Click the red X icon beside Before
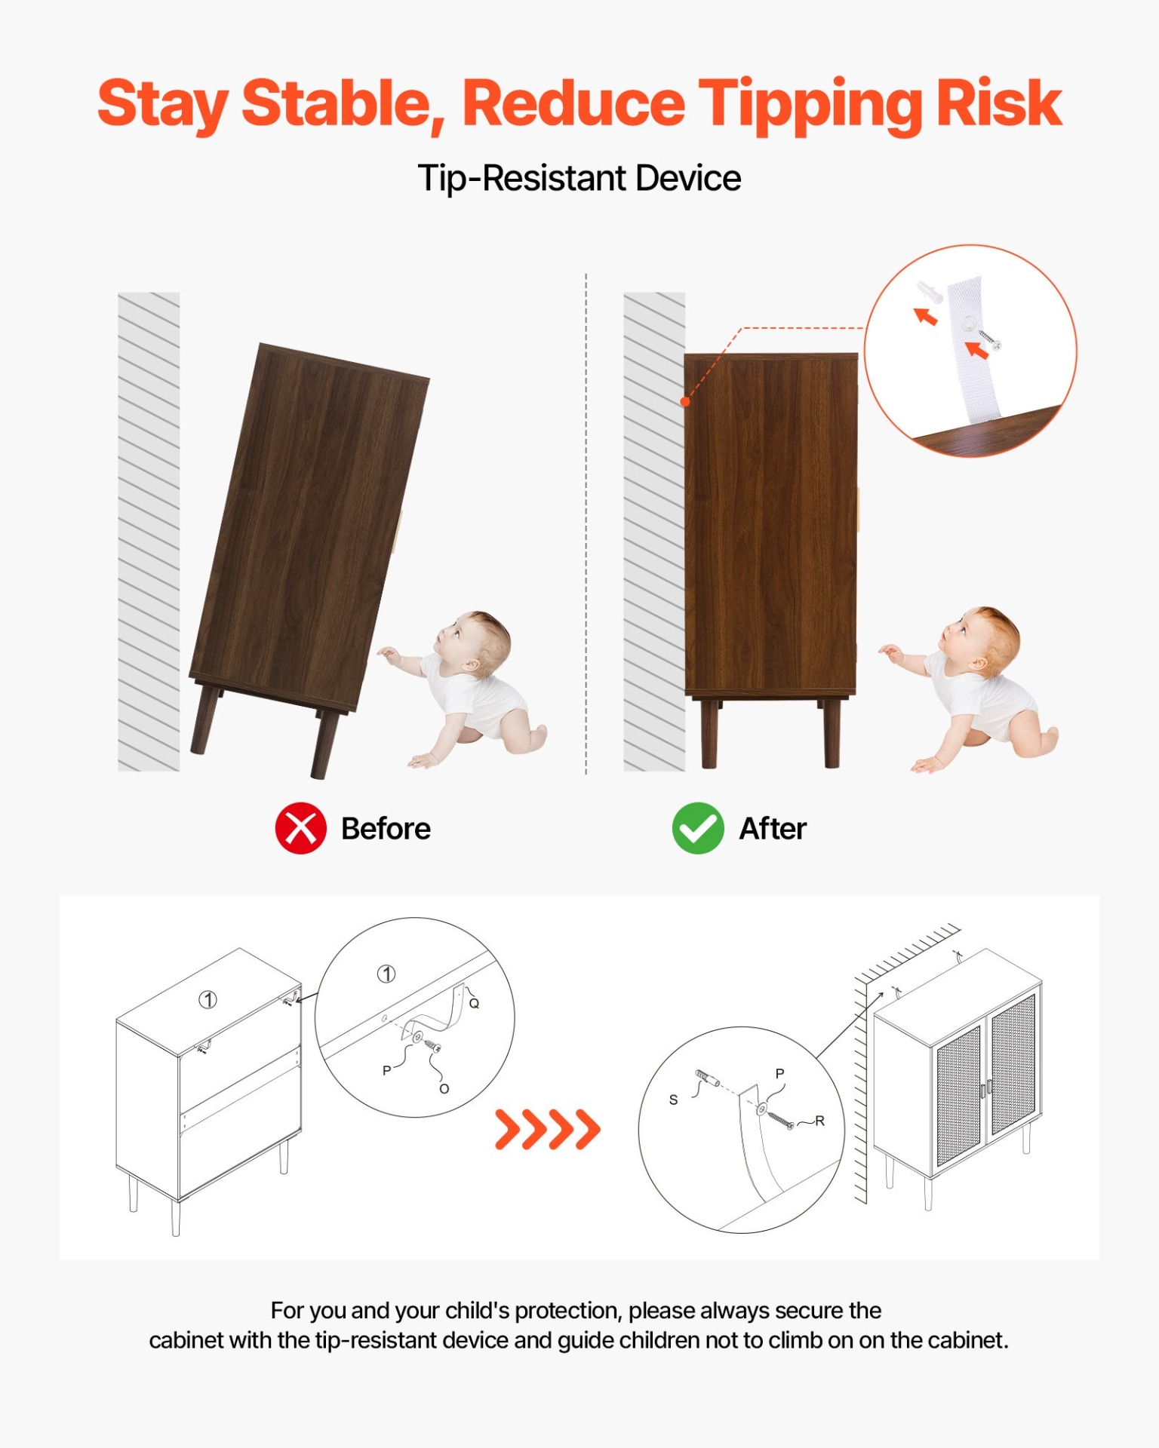point(300,828)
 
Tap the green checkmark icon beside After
point(698,828)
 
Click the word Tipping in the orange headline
point(810,106)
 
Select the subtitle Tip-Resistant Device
point(579,179)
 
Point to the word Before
point(386,828)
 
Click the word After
point(773,828)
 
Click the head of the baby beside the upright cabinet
point(980,639)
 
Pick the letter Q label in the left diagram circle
point(474,1003)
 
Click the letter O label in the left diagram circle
point(444,1088)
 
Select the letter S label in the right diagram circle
point(673,1100)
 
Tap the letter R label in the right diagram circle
point(819,1121)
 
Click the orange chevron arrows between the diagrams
point(548,1129)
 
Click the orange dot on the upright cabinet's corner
point(685,401)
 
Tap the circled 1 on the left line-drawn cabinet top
point(208,999)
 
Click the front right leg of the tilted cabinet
point(324,744)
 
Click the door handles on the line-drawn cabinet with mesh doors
point(986,1088)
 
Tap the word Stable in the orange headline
point(343,106)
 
